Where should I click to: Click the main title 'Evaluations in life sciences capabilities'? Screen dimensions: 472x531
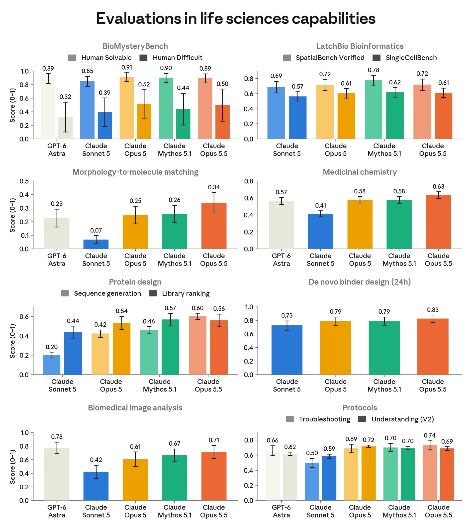point(236,19)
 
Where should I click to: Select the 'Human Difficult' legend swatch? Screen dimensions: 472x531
point(143,58)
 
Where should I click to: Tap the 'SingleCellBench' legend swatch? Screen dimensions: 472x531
point(377,58)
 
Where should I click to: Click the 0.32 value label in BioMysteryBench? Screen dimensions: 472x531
point(65,97)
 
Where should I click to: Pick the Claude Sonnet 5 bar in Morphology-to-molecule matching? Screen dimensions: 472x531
point(96,244)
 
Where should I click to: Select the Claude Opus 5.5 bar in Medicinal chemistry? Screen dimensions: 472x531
point(438,222)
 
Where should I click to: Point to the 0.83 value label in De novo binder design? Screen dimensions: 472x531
point(433,310)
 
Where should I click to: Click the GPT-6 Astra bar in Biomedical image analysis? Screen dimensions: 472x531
point(57,474)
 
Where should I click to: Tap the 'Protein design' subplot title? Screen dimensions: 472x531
point(135,282)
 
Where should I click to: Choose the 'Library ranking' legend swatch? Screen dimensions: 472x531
point(153,293)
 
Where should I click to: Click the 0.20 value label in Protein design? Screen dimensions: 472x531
point(52,347)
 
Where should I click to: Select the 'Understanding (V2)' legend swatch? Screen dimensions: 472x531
point(362,419)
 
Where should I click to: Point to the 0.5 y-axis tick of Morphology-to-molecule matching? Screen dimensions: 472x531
point(24,181)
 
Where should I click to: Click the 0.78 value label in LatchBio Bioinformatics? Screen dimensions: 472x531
point(373,70)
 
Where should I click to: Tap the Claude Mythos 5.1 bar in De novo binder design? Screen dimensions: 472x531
point(384,348)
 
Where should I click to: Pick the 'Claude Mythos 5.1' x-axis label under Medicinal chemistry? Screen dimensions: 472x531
point(399,260)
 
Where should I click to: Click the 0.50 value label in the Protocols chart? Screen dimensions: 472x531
point(312,453)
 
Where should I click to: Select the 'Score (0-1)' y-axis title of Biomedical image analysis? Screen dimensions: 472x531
point(12,467)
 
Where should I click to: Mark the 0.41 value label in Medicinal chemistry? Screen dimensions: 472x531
point(321,206)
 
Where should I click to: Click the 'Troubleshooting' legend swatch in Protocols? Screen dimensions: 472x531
point(290,419)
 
